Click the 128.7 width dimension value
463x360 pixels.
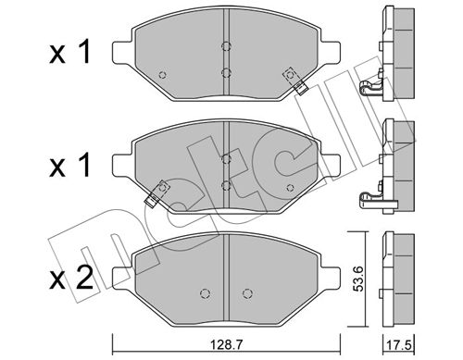pyautogui.click(x=226, y=344)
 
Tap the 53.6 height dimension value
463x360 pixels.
pyautogui.click(x=359, y=279)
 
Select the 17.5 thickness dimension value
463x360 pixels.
pyautogui.click(x=399, y=344)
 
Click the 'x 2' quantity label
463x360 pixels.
pyautogui.click(x=71, y=278)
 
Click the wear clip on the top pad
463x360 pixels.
pyautogui.click(x=295, y=81)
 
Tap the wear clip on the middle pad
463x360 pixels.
pyautogui.click(x=157, y=192)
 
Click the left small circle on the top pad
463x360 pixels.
pyautogui.click(x=162, y=75)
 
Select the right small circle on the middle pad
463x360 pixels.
pyautogui.click(x=290, y=188)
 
